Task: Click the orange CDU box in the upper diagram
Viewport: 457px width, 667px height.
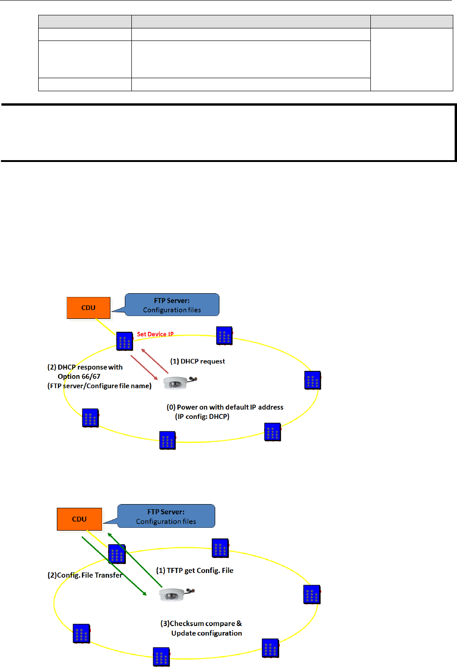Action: coord(89,308)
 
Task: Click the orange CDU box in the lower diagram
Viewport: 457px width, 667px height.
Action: coord(79,519)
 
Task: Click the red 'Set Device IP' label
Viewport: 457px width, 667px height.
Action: coord(155,334)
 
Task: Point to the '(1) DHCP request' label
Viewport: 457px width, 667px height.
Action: coord(198,361)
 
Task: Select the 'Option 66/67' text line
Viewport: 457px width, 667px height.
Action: coord(79,377)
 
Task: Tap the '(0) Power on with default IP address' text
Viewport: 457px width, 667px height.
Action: coord(225,407)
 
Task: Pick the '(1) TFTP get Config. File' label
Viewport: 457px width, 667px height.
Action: coord(195,570)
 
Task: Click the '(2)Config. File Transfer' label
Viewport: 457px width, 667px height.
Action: coord(85,575)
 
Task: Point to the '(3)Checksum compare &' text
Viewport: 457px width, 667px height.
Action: coord(201,623)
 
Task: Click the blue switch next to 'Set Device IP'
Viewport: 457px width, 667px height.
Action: coord(124,341)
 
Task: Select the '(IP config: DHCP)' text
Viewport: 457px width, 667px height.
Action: coord(202,417)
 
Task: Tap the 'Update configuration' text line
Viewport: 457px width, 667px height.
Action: coord(206,633)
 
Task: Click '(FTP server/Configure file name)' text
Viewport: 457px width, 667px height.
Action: coord(100,386)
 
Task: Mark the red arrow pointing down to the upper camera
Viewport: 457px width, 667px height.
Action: coord(144,367)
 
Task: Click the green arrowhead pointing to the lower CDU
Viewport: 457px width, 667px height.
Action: coord(109,535)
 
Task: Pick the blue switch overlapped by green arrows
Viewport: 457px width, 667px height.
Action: coord(117,554)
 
